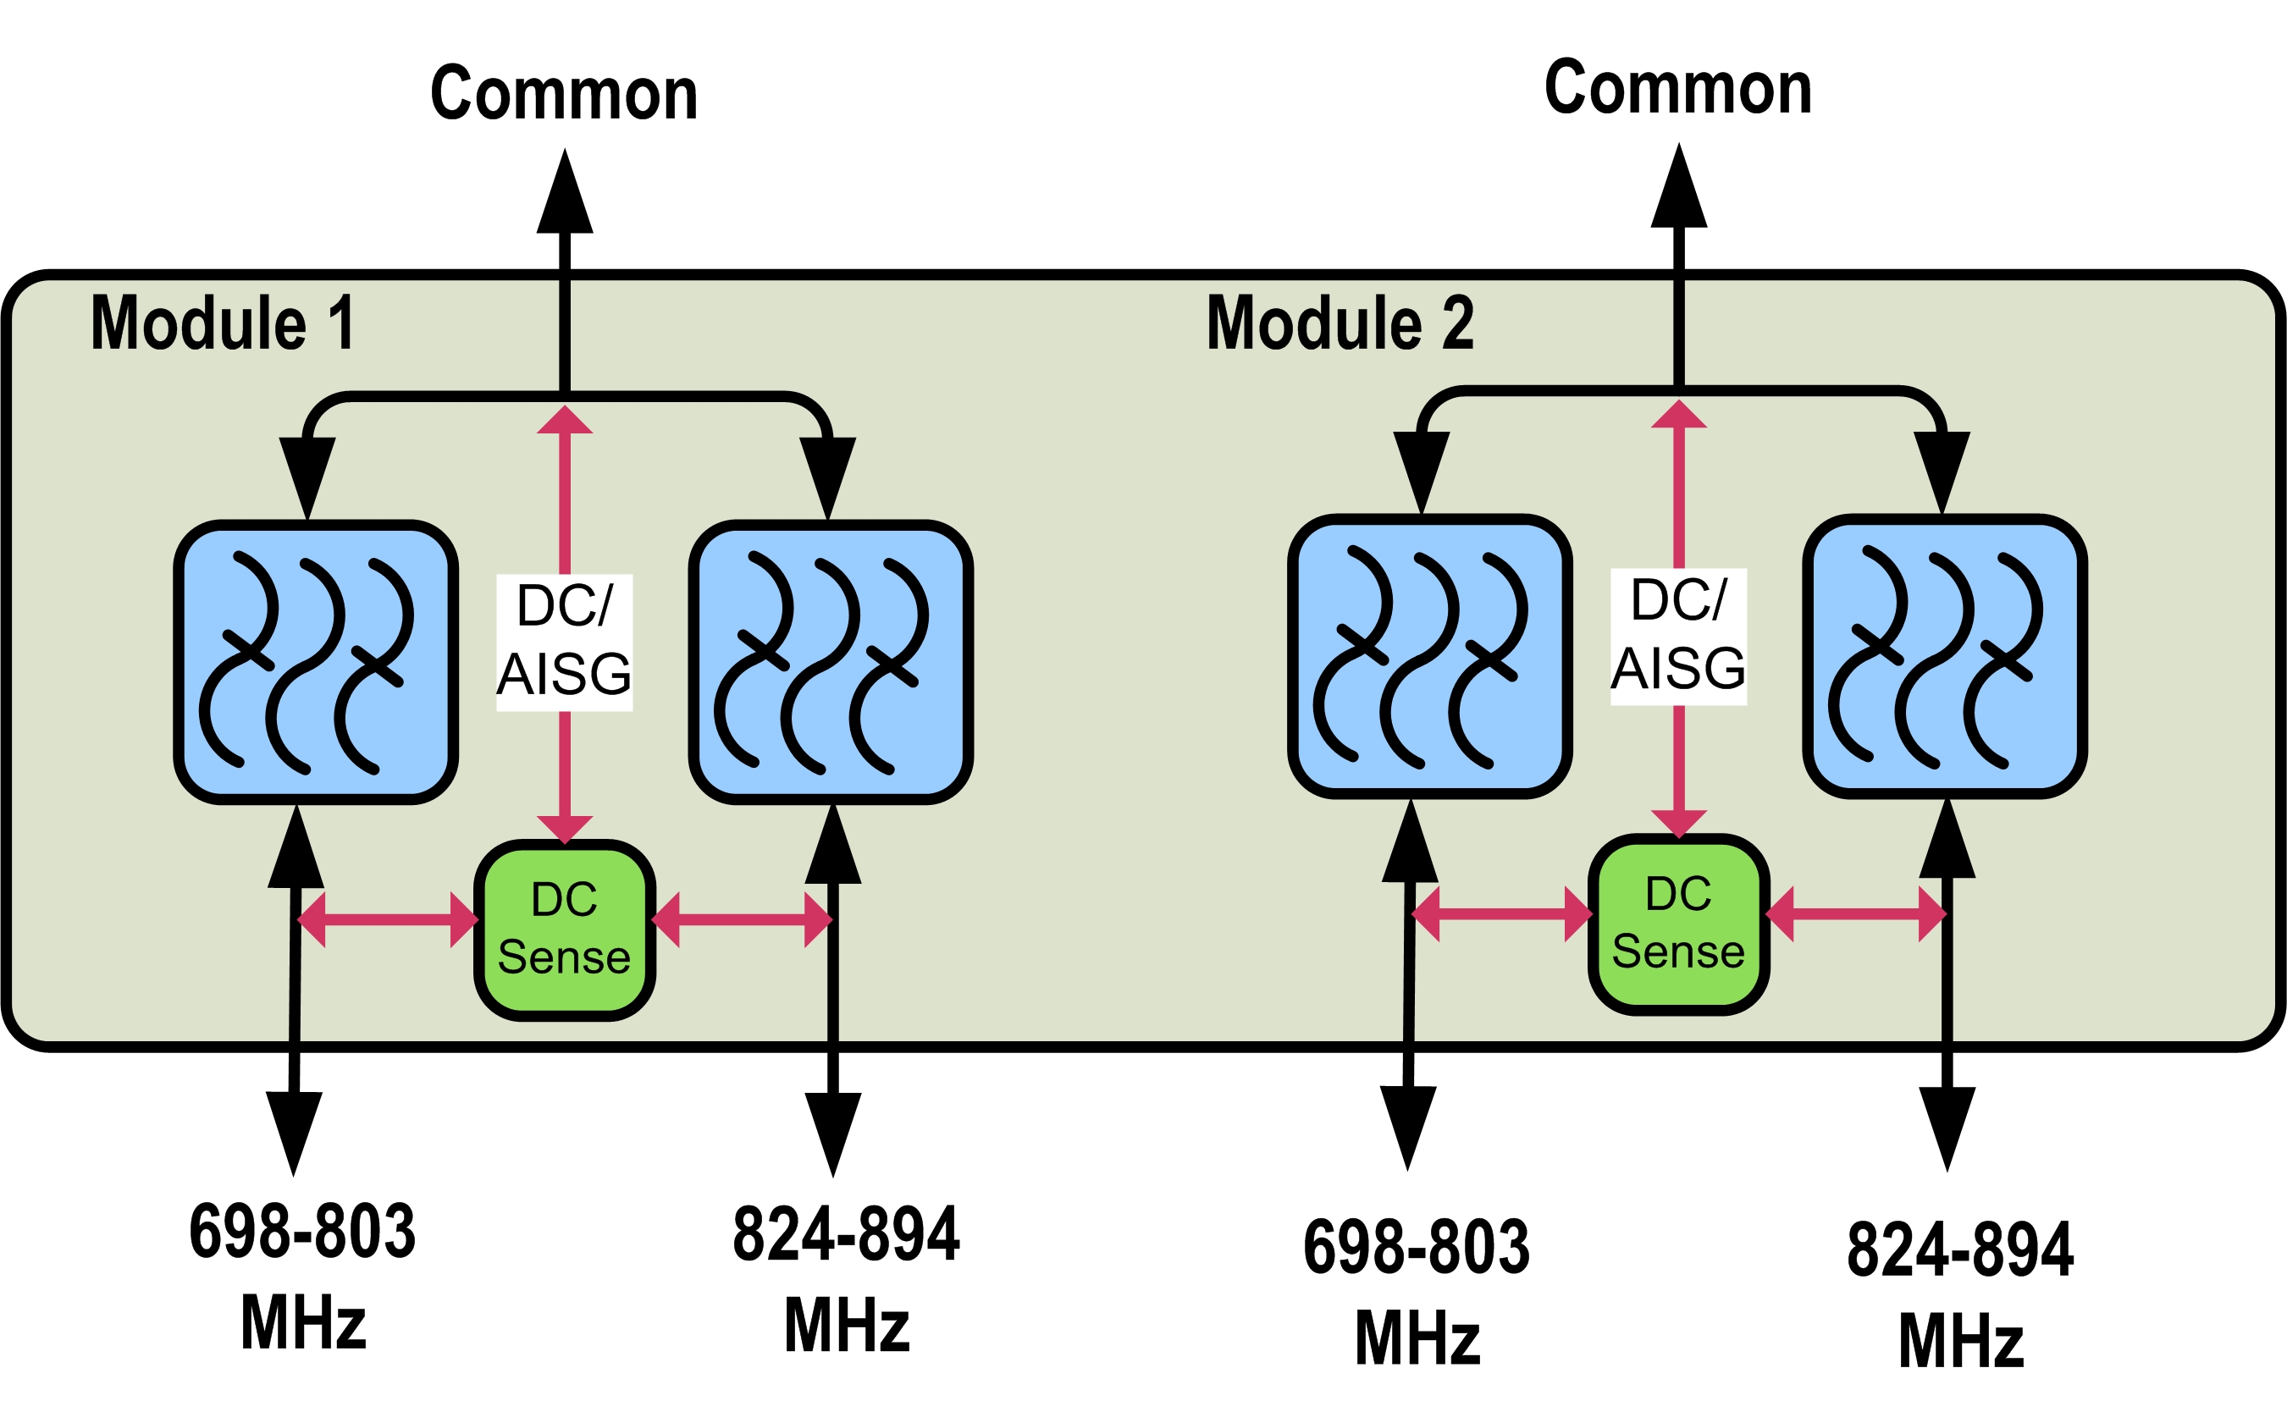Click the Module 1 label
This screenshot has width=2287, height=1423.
coord(222,323)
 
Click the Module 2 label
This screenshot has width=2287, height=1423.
coord(1340,323)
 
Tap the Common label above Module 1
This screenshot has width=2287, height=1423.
coord(564,93)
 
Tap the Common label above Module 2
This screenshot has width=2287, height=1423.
coord(1678,87)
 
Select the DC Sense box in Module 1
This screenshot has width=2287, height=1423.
coord(565,929)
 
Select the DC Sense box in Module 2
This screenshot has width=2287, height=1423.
coord(1679,924)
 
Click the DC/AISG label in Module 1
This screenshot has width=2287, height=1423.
coord(565,641)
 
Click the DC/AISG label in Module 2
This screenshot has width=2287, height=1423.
coord(1679,635)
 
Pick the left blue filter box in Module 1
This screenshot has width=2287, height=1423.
coord(316,662)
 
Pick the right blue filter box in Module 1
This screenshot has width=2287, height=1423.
coord(831,662)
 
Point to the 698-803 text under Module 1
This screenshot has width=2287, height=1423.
coord(302,1231)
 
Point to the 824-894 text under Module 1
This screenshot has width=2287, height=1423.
coord(846,1234)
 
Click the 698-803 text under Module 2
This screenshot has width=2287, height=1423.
coord(1417,1247)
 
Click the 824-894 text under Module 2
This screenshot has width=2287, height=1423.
coord(1960,1249)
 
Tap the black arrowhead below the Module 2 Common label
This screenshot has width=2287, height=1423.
coord(1679,189)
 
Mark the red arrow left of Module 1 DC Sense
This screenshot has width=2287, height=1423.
coord(388,918)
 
